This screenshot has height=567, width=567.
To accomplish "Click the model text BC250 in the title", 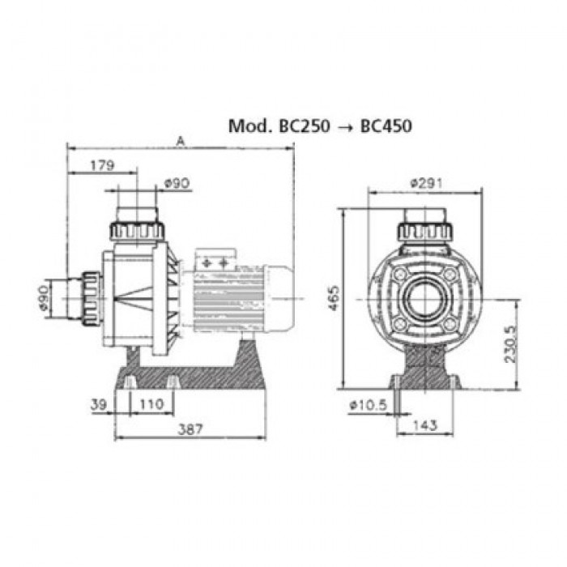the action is pos(305,126).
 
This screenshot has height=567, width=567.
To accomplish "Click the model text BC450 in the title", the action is pos(386,126).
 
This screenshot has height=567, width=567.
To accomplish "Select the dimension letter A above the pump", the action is pos(180,142).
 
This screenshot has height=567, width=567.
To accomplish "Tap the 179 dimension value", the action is pos(102,165).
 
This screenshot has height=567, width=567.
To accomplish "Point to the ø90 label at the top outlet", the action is pos(177,183).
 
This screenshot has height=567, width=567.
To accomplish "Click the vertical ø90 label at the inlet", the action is pos(43,298).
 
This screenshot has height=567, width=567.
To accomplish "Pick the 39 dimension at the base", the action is pos(99,404).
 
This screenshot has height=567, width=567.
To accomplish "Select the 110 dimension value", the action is pos(151,404).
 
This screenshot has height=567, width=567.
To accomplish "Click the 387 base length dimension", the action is pos(190,429).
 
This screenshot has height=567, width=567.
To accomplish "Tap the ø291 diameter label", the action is pos(426,183).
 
